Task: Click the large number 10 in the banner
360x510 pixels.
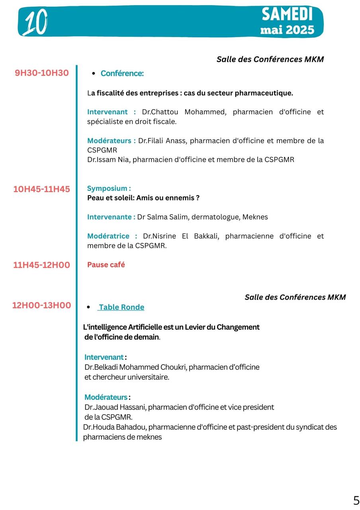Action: tap(35, 22)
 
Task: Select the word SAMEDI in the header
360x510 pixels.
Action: tap(287, 15)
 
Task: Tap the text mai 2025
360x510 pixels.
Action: tap(287, 30)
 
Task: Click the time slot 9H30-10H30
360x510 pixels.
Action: tap(42, 73)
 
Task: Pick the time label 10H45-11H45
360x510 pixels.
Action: tap(41, 189)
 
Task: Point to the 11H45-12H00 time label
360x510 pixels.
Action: tap(41, 265)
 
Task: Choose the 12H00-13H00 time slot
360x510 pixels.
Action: tap(41, 306)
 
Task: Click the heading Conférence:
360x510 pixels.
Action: tap(122, 73)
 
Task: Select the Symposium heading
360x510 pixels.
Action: tap(109, 188)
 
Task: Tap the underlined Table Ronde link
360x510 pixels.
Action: tap(121, 307)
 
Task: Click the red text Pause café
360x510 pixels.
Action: tap(106, 265)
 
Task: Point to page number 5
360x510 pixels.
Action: tap(356, 500)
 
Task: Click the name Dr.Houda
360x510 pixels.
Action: tap(97, 427)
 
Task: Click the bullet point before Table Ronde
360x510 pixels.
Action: tap(88, 307)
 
